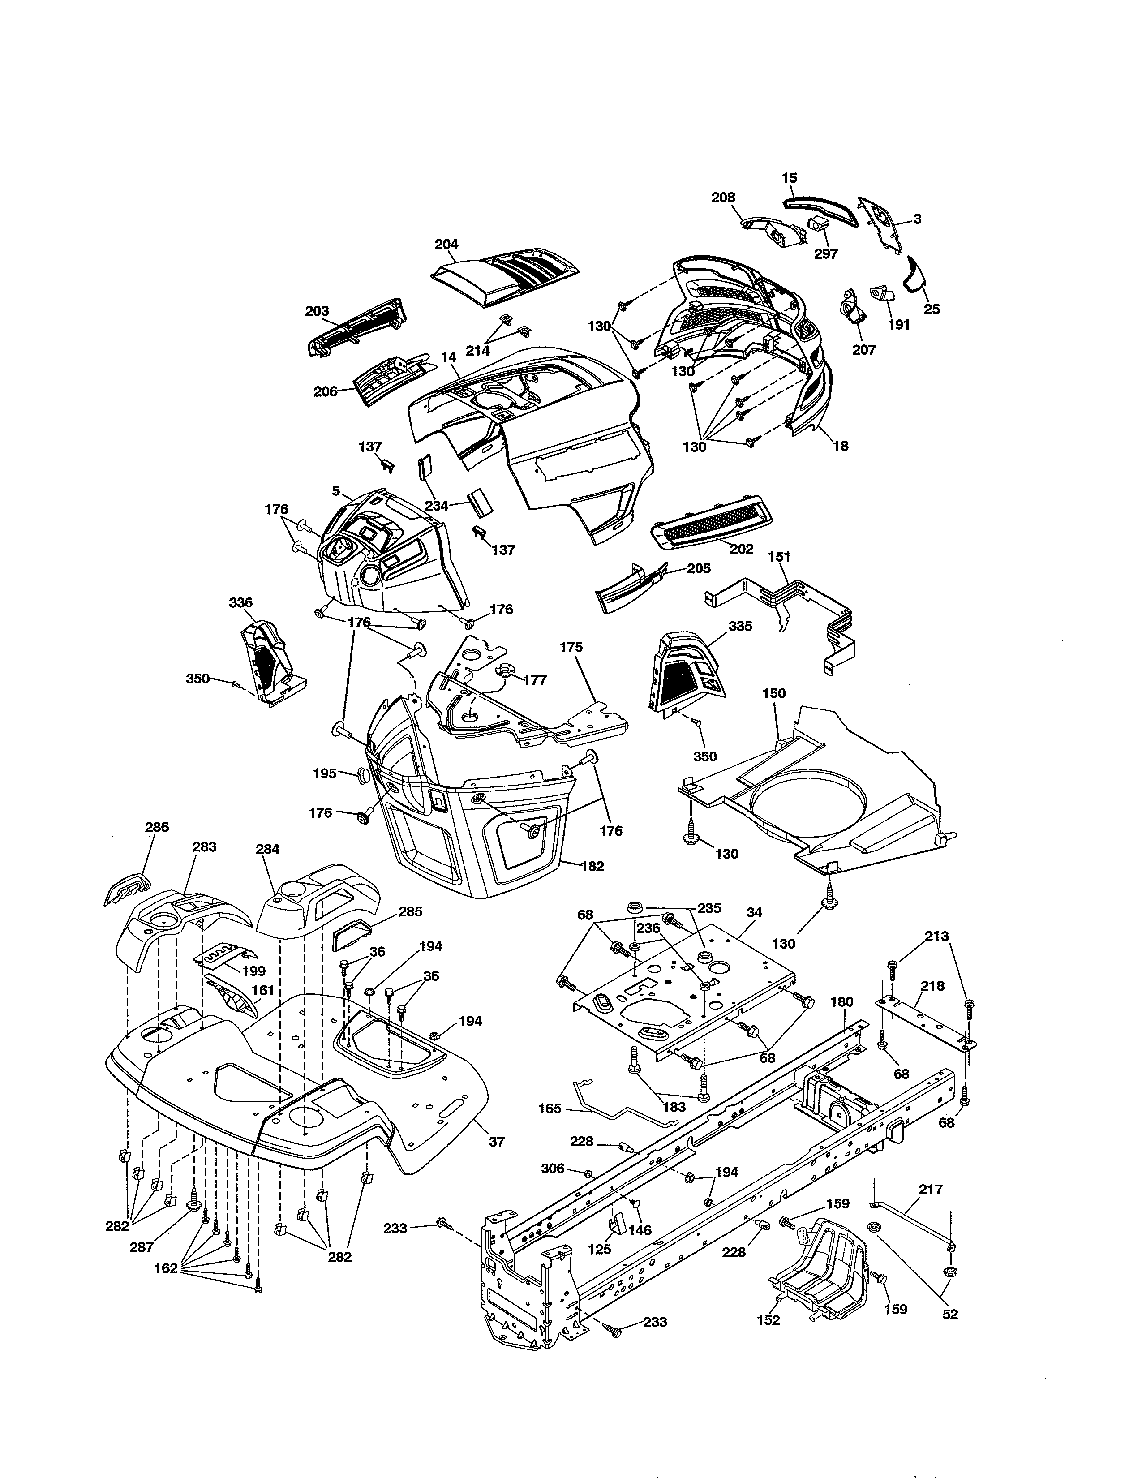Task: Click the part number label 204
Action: click(446, 244)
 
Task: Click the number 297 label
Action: click(825, 254)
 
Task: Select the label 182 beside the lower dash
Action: click(592, 866)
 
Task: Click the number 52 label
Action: click(950, 1314)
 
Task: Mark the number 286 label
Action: click(156, 827)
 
